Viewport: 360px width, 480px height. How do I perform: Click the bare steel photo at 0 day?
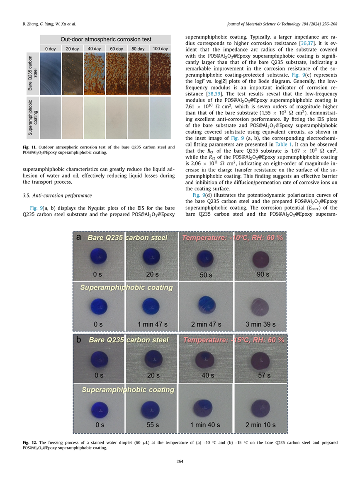point(51,73)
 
